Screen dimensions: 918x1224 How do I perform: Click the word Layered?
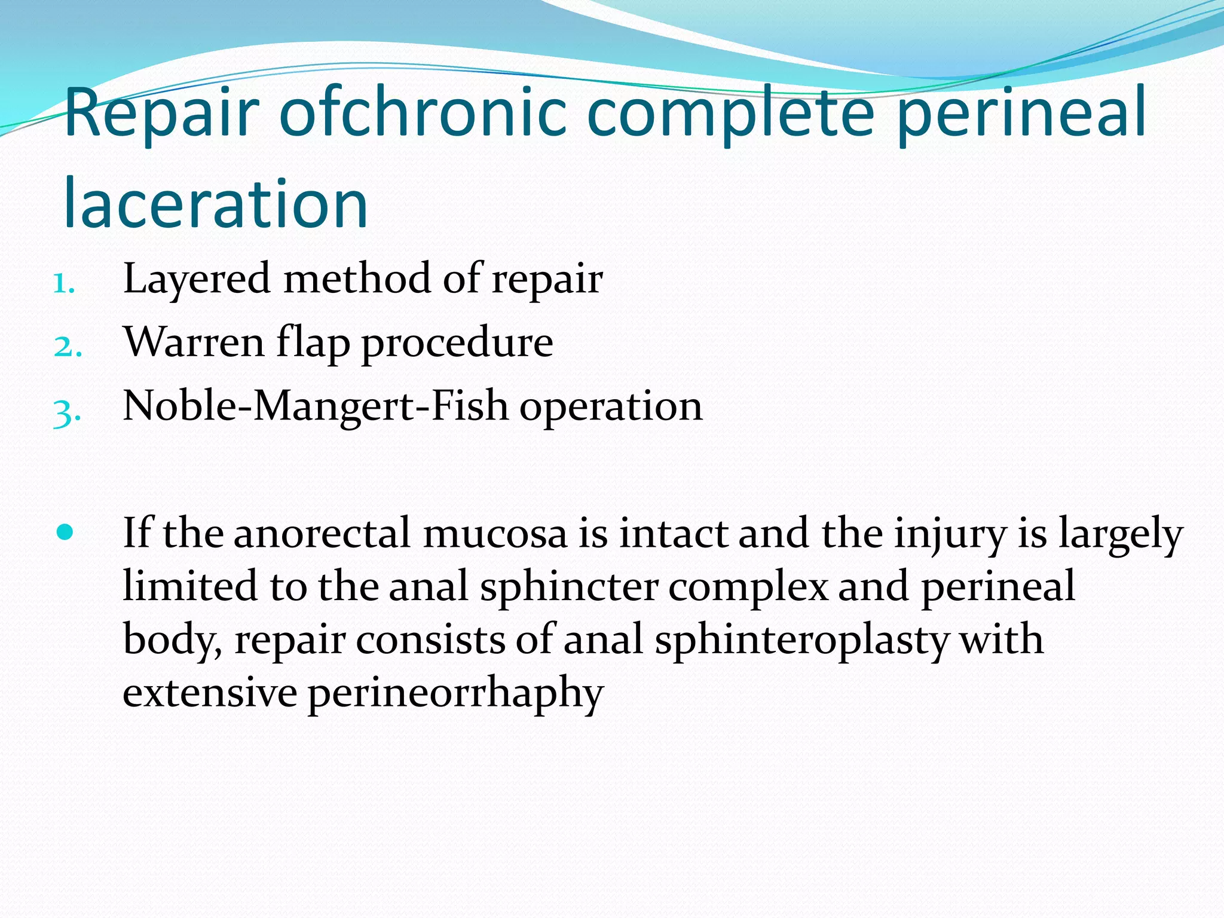(x=197, y=279)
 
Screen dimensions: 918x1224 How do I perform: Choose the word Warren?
(x=194, y=343)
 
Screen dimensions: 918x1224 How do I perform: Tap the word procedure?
(x=457, y=343)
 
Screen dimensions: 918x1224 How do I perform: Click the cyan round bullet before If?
(x=65, y=531)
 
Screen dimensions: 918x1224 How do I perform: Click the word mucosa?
(x=495, y=534)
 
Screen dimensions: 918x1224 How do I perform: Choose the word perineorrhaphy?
(x=455, y=693)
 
